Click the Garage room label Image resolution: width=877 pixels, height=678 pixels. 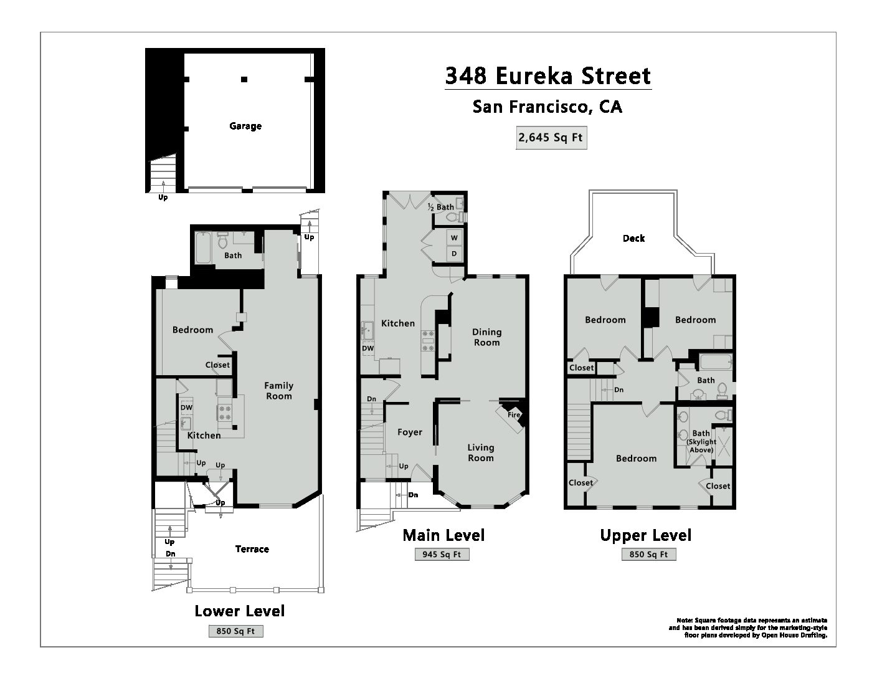click(x=245, y=127)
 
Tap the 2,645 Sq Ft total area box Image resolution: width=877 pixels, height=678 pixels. click(x=551, y=138)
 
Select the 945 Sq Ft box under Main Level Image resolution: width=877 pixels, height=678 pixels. click(x=442, y=555)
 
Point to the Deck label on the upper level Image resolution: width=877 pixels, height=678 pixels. click(x=633, y=238)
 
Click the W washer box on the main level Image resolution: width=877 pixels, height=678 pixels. click(x=454, y=238)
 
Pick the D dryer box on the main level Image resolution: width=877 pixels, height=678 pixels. click(x=454, y=254)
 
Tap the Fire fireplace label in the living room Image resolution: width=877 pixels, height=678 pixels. click(x=514, y=415)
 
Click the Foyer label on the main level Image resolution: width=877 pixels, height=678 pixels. click(x=410, y=432)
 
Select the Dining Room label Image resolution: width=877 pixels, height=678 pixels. click(x=486, y=337)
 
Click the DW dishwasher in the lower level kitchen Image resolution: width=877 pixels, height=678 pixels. click(x=186, y=408)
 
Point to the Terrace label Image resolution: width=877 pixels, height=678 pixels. click(x=252, y=549)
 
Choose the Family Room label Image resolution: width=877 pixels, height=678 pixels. click(x=278, y=391)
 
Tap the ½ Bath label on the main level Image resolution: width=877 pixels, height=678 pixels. click(x=441, y=207)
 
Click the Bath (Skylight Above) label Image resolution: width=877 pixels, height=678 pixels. click(x=701, y=441)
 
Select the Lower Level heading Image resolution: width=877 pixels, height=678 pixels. click(x=240, y=611)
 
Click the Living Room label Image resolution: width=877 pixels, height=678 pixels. click(x=481, y=452)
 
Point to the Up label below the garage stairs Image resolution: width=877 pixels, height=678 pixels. click(x=163, y=198)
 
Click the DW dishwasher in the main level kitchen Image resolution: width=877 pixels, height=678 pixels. click(x=367, y=348)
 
